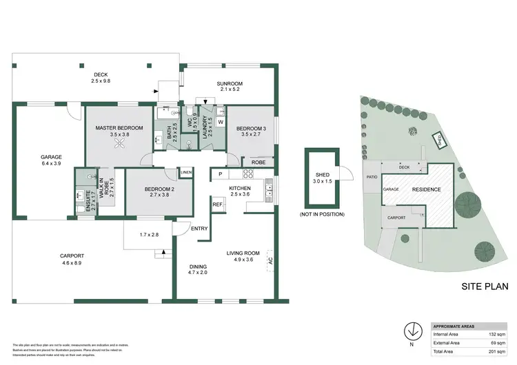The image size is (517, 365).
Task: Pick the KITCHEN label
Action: pyautogui.click(x=240, y=188)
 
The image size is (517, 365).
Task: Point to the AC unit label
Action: pyautogui.click(x=270, y=261)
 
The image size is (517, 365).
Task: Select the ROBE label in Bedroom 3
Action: pyautogui.click(x=258, y=163)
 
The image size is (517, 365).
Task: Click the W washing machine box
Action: pyautogui.click(x=220, y=122)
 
